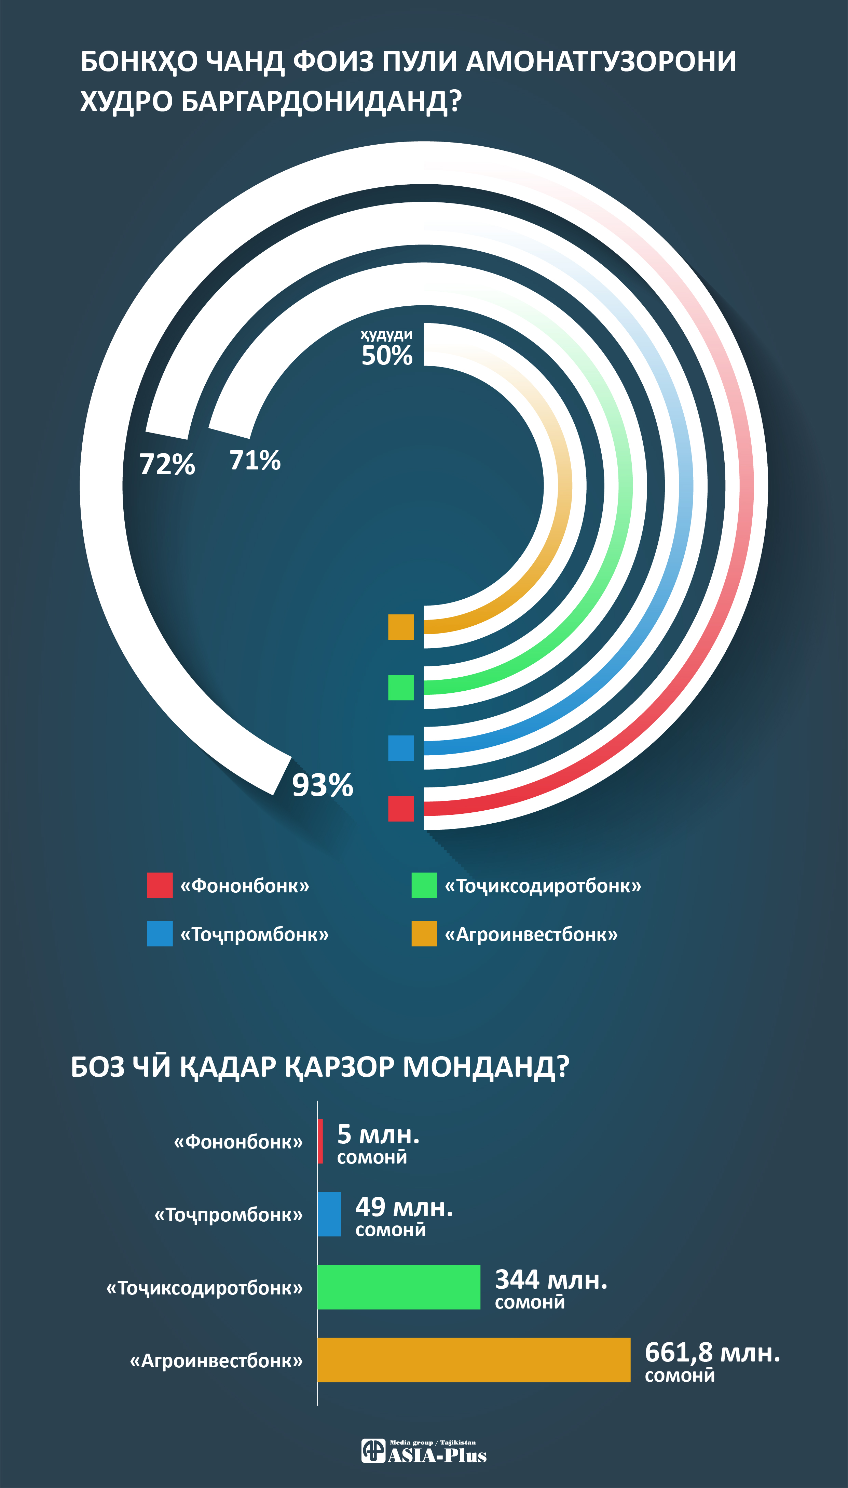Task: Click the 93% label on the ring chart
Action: [322, 785]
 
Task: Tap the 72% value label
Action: [167, 465]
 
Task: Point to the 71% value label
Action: [255, 461]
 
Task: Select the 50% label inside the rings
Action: [387, 355]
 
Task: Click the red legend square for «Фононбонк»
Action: [160, 885]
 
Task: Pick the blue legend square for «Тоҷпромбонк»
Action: [160, 934]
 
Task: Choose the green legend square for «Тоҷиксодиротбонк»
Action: [424, 885]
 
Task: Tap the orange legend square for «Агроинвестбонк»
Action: [424, 934]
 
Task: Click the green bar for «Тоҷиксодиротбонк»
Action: [398, 1287]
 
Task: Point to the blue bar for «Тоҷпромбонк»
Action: [329, 1214]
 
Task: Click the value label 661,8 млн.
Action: [712, 1353]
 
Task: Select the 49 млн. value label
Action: [404, 1207]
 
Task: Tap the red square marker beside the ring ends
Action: [401, 808]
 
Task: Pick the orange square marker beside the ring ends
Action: [401, 627]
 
